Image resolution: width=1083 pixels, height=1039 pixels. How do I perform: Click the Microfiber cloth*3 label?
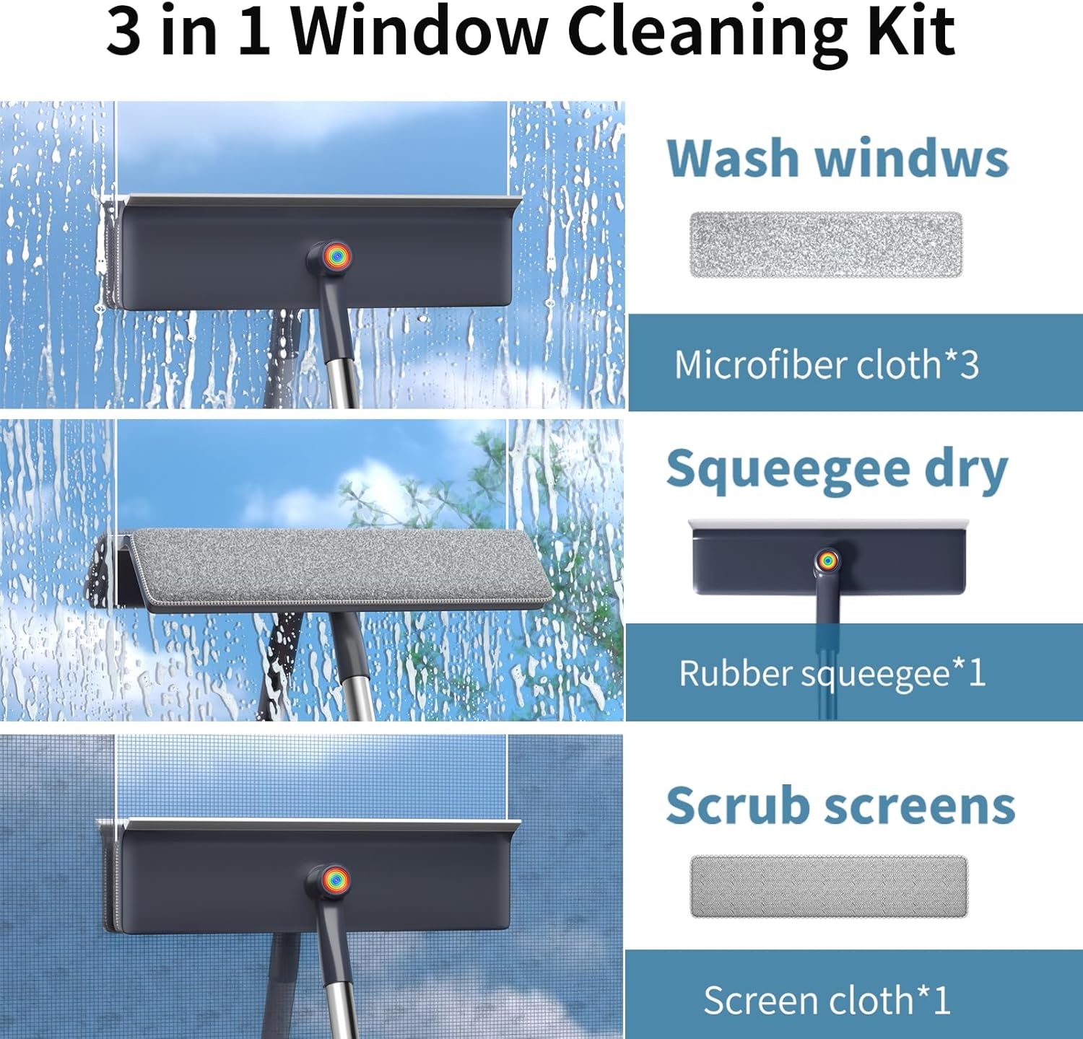tap(826, 364)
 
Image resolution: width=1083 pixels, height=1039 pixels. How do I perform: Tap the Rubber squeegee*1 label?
tap(832, 674)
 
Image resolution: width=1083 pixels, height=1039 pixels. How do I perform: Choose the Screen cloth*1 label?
tap(827, 1001)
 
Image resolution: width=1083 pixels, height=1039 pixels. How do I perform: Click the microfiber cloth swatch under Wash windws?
tap(826, 245)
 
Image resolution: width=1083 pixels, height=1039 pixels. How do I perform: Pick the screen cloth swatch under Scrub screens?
tap(828, 886)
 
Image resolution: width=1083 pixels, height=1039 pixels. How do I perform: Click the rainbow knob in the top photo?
tap(337, 255)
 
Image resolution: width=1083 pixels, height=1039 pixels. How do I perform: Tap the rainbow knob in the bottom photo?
tap(336, 880)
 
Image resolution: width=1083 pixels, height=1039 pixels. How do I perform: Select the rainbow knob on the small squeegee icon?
tap(827, 560)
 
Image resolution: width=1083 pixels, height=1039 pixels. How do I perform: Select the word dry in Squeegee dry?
tap(966, 472)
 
